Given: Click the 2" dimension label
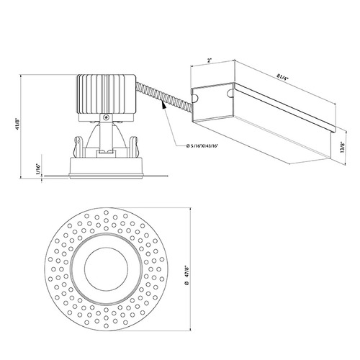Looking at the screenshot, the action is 210,60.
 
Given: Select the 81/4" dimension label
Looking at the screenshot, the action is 282,77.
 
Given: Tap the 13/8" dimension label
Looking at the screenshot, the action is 342,147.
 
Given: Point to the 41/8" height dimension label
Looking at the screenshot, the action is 17,124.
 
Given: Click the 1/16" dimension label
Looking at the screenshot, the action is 37,169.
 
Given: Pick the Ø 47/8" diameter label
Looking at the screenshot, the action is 186,274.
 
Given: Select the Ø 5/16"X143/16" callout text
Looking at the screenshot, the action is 202,145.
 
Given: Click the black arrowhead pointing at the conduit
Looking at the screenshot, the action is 164,105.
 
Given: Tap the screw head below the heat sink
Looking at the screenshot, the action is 106,117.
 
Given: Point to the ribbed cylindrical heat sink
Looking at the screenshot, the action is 107,94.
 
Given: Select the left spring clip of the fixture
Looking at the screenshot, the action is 78,147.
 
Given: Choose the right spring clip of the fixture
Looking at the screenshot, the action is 133,147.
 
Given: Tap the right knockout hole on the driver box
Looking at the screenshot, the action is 230,93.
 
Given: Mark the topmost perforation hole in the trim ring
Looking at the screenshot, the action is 106,212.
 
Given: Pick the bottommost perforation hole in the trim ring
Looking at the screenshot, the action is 106,325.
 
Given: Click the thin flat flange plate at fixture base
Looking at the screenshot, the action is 107,176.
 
